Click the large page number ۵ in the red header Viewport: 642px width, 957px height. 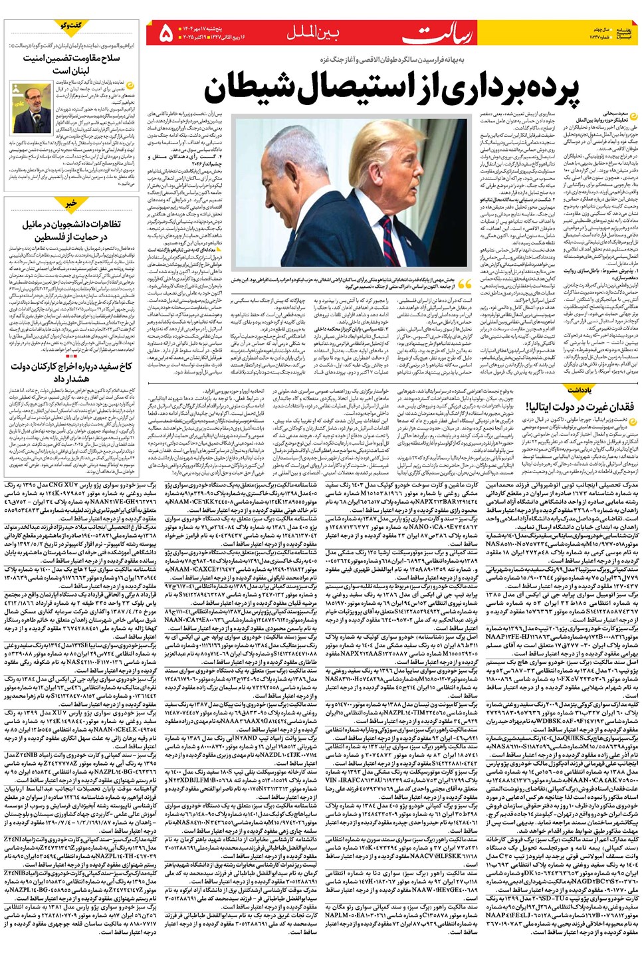click(165, 31)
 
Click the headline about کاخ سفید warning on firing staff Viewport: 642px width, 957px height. click(73, 372)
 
